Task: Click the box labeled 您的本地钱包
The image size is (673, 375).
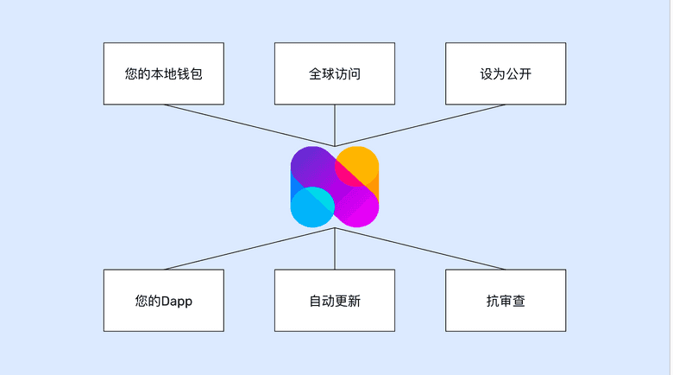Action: (x=163, y=73)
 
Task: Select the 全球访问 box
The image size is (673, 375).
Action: (x=335, y=73)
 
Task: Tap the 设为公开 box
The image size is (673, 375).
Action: (x=506, y=73)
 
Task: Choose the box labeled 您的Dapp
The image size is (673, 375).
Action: (x=163, y=301)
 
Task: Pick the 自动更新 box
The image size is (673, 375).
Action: (x=335, y=301)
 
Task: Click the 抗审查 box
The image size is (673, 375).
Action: (x=506, y=301)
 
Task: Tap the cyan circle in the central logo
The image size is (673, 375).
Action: (x=312, y=207)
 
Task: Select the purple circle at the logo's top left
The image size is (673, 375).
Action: (x=311, y=167)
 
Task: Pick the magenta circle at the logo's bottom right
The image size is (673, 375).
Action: (x=358, y=207)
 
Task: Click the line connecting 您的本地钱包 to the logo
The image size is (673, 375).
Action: (x=250, y=125)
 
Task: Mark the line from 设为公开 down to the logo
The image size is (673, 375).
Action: (x=420, y=125)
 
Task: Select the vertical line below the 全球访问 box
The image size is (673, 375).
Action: (x=335, y=125)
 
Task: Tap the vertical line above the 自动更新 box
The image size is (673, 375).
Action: (x=335, y=251)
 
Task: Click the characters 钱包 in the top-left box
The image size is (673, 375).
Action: (x=190, y=74)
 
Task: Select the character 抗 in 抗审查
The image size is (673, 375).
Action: (x=493, y=302)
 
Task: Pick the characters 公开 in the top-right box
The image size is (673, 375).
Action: (x=519, y=74)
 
